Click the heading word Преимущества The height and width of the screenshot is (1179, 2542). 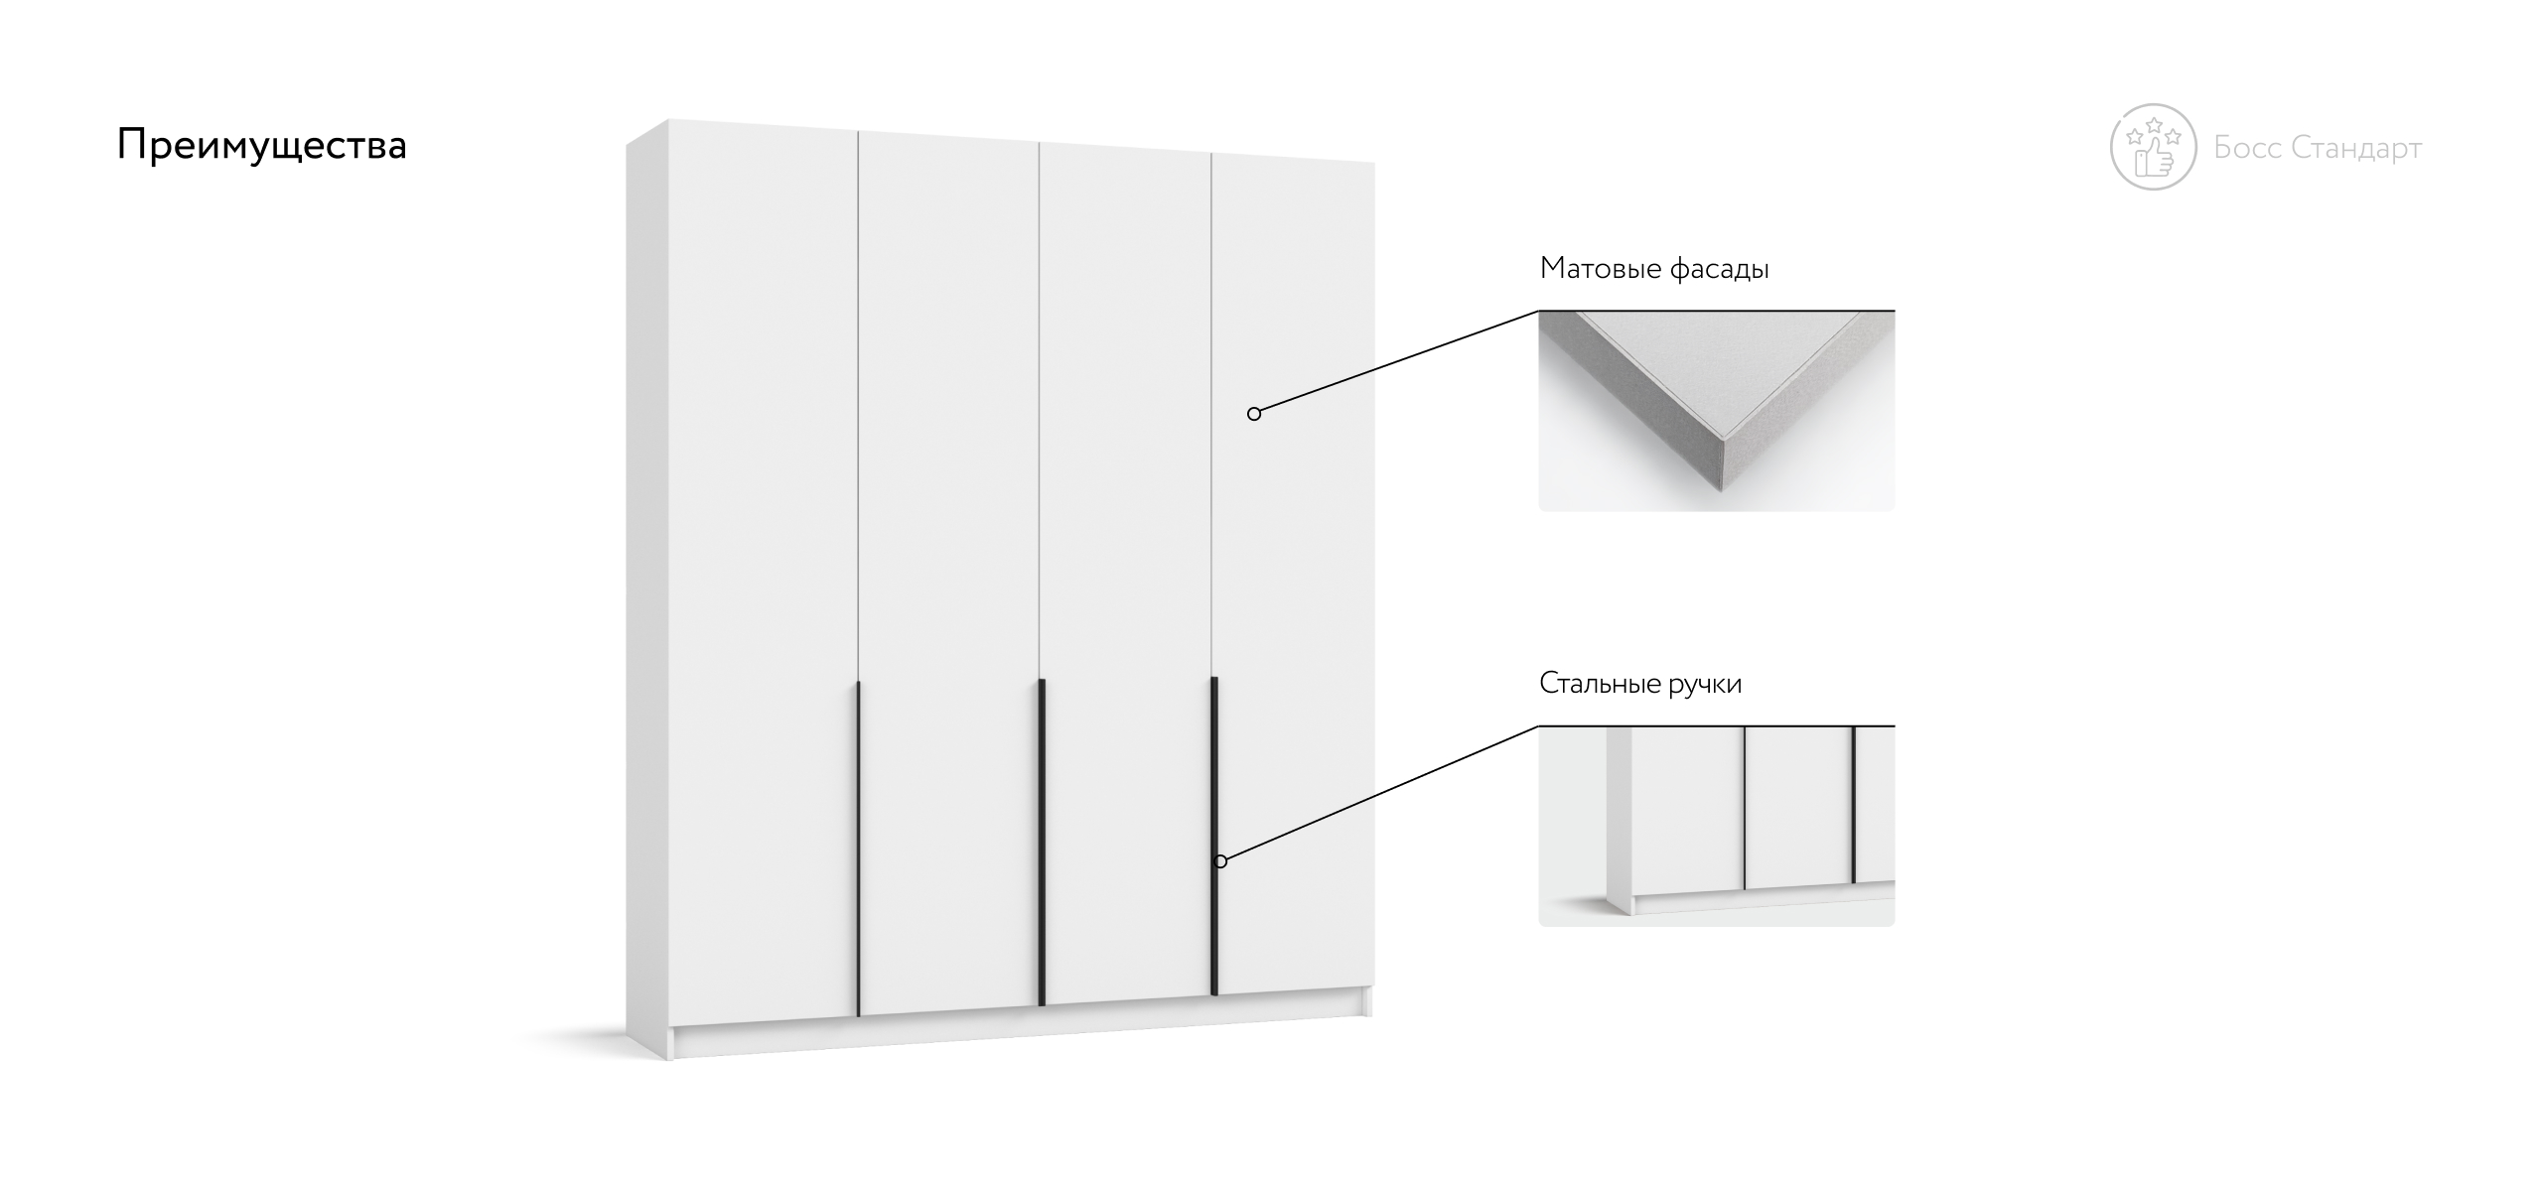coord(262,146)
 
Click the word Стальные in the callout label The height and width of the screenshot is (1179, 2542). coord(1600,684)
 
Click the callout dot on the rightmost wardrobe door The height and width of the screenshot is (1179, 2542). coord(1254,414)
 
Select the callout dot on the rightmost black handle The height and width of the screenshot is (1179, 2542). coord(1220,861)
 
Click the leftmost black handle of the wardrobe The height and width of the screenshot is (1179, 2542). coord(858,849)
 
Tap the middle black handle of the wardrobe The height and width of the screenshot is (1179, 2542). coord(1042,842)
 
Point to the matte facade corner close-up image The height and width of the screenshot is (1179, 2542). coord(1717,411)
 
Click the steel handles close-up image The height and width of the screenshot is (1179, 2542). coord(1717,826)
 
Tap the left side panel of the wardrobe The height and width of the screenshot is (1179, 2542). coord(647,595)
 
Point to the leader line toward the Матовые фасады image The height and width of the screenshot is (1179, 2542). coord(1396,362)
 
